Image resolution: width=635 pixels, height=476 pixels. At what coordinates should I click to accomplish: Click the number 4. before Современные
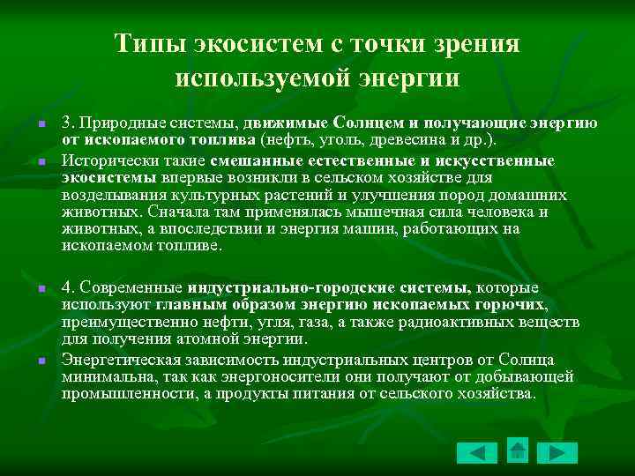coord(69,287)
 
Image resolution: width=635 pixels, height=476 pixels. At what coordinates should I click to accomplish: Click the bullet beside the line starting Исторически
coord(41,162)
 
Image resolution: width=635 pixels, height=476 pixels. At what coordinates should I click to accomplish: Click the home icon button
coord(518,450)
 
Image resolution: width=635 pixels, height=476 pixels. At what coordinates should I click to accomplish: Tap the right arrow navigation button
coord(557,453)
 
